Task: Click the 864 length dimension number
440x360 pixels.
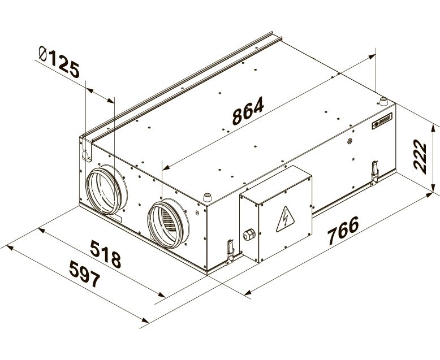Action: (248, 111)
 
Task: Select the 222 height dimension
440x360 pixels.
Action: (420, 155)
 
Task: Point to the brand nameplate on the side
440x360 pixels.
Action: (384, 123)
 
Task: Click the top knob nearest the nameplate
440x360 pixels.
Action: (383, 102)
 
